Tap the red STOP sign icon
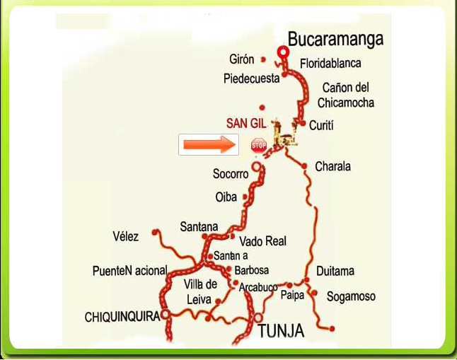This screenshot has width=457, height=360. click(259, 146)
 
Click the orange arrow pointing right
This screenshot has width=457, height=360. click(208, 145)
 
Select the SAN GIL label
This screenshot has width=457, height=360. click(247, 123)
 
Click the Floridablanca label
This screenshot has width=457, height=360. click(330, 64)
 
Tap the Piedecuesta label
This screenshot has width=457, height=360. click(252, 79)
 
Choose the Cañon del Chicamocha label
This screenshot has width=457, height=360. click(345, 95)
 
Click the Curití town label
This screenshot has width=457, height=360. click(321, 125)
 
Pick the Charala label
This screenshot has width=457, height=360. click(332, 167)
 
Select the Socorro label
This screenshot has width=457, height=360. click(231, 174)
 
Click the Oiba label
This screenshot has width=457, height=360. click(226, 197)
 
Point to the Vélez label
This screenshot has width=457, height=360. click(126, 236)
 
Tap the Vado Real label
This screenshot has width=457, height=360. click(262, 241)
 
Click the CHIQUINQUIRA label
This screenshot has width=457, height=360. click(122, 317)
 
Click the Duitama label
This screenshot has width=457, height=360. click(335, 271)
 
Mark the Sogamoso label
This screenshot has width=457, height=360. click(351, 297)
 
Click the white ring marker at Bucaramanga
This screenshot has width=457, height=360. click(283, 52)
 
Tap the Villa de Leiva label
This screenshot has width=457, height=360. click(200, 291)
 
